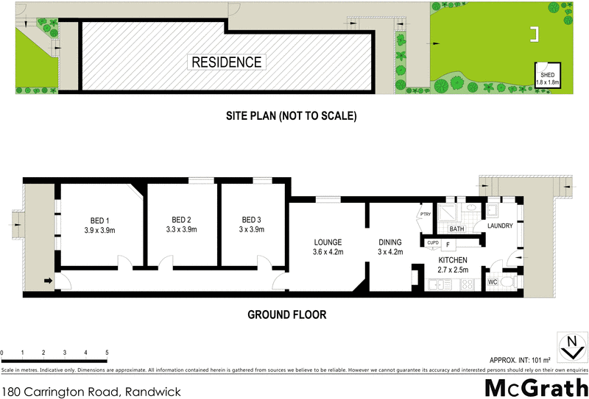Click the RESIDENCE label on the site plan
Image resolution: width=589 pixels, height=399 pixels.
click(x=226, y=62)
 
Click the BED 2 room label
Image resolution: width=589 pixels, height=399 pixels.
click(x=181, y=220)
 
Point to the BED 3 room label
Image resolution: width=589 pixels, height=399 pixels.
click(x=251, y=220)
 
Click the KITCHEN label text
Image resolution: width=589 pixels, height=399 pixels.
click(x=454, y=261)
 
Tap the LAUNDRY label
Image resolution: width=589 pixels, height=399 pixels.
click(x=499, y=226)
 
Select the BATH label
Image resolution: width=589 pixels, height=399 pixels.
click(x=456, y=229)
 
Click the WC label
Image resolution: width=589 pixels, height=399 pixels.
click(x=493, y=281)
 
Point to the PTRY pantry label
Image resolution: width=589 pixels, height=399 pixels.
click(x=425, y=215)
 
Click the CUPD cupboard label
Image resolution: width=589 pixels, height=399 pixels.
click(x=432, y=242)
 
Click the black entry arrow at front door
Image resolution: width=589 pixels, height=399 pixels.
click(x=49, y=280)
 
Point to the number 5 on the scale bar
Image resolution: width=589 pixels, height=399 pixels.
click(x=107, y=353)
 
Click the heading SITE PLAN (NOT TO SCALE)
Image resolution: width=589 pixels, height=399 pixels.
click(x=292, y=116)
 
